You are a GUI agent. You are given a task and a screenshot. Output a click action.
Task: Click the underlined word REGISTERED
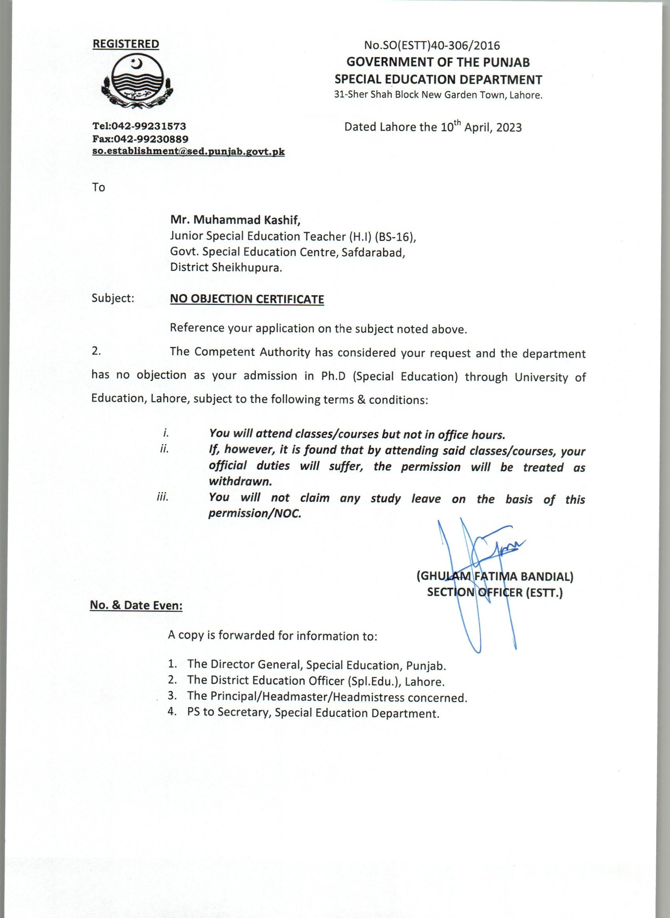126,44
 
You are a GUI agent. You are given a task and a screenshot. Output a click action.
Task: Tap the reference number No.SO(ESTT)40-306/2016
432,45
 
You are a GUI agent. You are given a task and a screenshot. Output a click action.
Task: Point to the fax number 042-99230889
151,139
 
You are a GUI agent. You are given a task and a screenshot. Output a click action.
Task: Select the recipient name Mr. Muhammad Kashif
235,220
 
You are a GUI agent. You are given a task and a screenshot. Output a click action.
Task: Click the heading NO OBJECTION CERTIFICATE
247,300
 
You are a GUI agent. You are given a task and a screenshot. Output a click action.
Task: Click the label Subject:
113,298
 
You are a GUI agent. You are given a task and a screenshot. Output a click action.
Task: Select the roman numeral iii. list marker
163,498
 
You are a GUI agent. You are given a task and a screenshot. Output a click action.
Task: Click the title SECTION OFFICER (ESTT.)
495,593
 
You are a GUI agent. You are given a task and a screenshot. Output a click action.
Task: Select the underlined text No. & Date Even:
136,606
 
